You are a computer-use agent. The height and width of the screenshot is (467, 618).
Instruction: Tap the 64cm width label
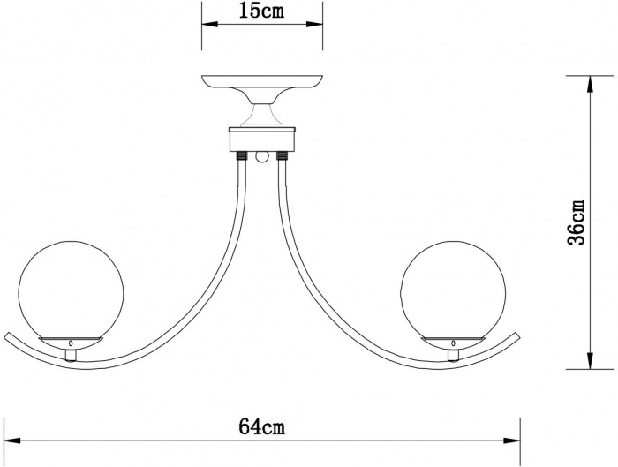click(x=261, y=426)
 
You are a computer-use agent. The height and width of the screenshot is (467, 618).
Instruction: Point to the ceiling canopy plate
click(x=262, y=82)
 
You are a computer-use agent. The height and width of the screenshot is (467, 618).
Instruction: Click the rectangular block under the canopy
click(x=262, y=139)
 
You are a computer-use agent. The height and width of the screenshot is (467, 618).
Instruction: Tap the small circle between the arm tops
click(x=262, y=158)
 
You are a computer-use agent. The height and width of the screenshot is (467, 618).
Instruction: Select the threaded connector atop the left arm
click(x=243, y=156)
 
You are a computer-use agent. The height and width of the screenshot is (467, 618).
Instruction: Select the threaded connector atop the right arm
click(x=283, y=156)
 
